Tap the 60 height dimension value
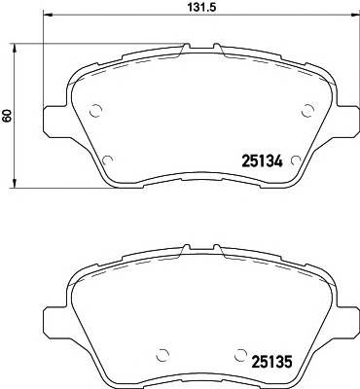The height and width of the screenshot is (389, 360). [8, 115]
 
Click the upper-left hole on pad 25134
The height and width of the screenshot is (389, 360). [94, 111]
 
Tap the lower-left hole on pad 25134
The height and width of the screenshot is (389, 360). [108, 160]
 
